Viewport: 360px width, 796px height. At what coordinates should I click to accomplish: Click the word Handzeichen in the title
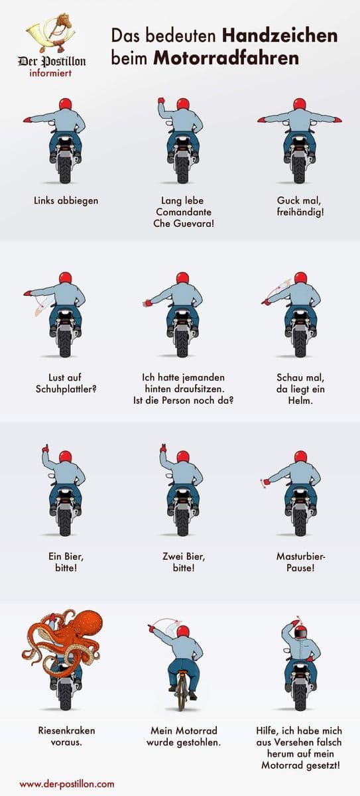pos(280,36)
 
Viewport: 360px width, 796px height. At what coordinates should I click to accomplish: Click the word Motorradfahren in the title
pos(226,58)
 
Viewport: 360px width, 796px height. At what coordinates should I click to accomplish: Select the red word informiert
pos(50,74)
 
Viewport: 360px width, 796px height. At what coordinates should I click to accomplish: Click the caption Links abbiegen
pos(66,201)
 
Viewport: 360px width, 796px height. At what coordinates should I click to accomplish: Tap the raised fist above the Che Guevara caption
pos(162,100)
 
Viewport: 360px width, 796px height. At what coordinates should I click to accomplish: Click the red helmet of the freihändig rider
pos(300,104)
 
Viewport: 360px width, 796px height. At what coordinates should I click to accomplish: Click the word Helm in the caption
pos(300,401)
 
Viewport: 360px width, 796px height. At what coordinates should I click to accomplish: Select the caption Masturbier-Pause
pos(301,562)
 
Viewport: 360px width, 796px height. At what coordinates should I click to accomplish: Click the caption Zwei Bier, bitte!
pos(184,562)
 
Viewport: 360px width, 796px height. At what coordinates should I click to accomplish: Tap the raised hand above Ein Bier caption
pos(45,448)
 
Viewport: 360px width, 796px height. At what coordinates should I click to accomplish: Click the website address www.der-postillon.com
pos(67,784)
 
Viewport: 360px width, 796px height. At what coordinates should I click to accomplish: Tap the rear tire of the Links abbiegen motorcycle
pos(66,168)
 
